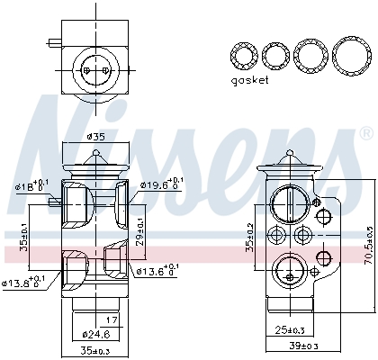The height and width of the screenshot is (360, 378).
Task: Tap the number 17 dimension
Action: point(112,319)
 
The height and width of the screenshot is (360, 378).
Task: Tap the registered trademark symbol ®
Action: point(364,134)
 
